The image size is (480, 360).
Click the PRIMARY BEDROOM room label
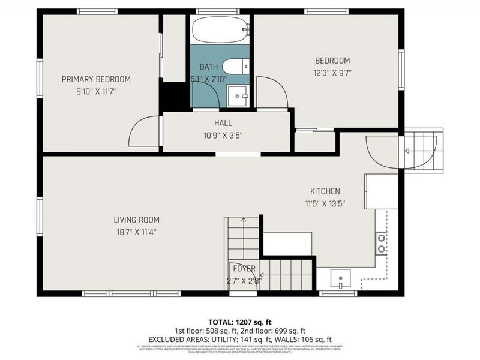point(96,79)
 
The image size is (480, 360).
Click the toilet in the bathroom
point(234,66)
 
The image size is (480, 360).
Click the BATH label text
point(209,67)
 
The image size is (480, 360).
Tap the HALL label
point(223,122)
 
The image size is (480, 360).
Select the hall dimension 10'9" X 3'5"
point(223,136)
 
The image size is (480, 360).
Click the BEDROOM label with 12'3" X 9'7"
point(332,61)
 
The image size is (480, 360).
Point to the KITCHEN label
point(325,191)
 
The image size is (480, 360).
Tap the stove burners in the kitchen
point(381,243)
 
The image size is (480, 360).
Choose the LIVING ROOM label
point(137,220)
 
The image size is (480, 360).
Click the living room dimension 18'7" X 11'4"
point(137,232)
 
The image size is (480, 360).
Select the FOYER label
point(244,268)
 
